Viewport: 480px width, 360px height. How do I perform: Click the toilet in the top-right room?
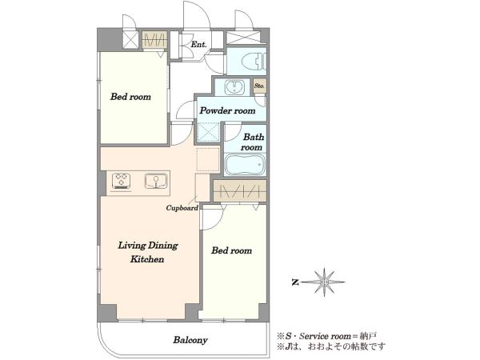tap(253, 62)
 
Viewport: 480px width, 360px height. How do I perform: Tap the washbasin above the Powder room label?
tap(234, 87)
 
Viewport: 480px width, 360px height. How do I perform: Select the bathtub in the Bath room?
tap(245, 165)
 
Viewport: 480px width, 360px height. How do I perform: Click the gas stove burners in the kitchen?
tap(122, 181)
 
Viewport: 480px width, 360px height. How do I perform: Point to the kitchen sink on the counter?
tap(156, 181)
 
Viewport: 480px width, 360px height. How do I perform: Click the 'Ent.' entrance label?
tap(198, 44)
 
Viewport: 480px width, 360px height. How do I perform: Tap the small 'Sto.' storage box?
tap(259, 86)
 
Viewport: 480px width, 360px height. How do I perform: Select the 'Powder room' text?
tap(227, 110)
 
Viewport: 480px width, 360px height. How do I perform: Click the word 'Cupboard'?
tap(182, 208)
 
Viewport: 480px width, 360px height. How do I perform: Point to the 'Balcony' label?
tap(190, 340)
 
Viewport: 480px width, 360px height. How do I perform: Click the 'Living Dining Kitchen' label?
tap(148, 252)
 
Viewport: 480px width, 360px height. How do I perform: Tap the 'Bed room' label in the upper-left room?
tap(130, 97)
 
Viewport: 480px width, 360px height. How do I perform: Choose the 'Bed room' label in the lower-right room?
tap(232, 250)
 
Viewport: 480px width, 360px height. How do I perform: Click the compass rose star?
tap(325, 282)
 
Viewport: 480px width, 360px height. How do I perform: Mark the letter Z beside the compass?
tap(295, 282)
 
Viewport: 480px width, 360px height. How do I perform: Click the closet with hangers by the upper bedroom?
tap(154, 40)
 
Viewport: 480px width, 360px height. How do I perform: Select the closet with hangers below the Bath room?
tap(240, 191)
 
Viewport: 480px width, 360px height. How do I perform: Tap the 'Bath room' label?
tap(253, 142)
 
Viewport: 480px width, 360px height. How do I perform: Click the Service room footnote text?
tap(327, 336)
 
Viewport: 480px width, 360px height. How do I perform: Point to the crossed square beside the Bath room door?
tap(208, 132)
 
